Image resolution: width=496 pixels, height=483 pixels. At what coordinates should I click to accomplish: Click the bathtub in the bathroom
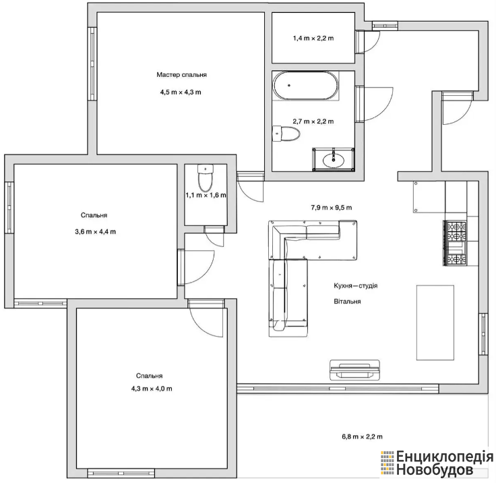click(x=306, y=86)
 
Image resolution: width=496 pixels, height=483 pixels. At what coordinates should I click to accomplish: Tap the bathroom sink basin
click(x=334, y=160)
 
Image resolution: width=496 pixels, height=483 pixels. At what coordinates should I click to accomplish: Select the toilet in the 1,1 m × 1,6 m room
click(x=206, y=177)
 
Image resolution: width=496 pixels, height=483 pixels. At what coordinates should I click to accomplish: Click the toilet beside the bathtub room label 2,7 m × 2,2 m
click(x=286, y=134)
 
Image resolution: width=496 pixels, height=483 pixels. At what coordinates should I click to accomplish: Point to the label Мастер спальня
click(x=181, y=75)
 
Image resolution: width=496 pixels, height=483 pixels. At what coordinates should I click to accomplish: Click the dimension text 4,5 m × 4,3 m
click(x=181, y=92)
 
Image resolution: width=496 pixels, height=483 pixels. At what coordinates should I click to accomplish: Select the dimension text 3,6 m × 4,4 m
click(x=95, y=231)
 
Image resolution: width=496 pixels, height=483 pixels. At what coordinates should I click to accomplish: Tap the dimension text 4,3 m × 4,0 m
click(x=152, y=389)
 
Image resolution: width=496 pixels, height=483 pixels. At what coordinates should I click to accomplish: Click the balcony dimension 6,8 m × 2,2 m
click(x=362, y=436)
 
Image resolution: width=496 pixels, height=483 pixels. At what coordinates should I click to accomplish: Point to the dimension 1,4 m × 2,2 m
click(x=313, y=38)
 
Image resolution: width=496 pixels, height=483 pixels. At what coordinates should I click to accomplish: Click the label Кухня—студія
click(x=356, y=285)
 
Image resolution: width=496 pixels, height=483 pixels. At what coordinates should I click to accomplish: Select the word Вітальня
click(x=347, y=302)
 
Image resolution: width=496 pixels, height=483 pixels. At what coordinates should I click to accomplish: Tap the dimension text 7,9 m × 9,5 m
click(x=331, y=208)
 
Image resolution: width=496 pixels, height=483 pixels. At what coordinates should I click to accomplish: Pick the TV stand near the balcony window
click(x=354, y=370)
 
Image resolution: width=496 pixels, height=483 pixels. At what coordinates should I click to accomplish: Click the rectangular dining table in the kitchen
click(x=435, y=322)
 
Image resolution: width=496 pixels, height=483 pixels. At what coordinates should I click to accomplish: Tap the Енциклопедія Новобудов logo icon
click(x=387, y=463)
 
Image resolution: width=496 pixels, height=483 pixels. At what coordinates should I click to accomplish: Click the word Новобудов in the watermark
click(x=435, y=470)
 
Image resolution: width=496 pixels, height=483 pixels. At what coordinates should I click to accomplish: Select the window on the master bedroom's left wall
click(x=92, y=63)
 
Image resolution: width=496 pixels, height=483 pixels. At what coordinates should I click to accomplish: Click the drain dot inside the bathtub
click(x=289, y=86)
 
